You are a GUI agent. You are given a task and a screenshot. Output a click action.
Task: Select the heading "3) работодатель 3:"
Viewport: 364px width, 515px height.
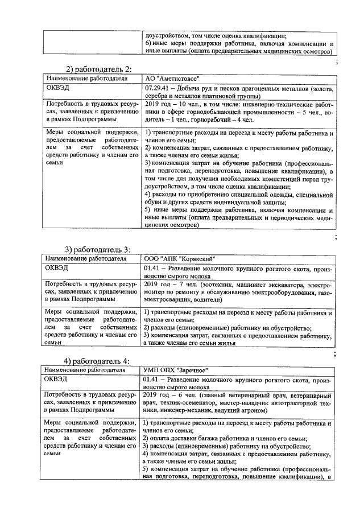coord(97,249)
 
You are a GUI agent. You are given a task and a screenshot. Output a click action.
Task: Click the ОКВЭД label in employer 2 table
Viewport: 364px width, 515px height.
coord(57,89)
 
